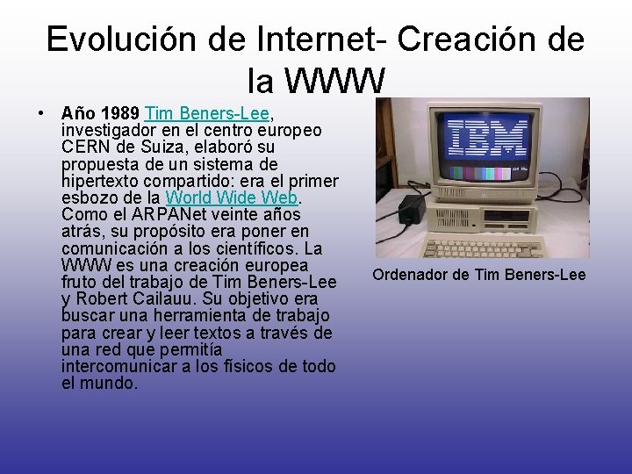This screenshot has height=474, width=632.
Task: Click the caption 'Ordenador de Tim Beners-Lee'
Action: tap(478, 276)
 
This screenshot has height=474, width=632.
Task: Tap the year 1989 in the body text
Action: tap(120, 114)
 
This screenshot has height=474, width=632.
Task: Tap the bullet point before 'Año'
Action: tap(41, 114)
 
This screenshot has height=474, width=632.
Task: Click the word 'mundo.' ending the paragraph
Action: tap(112, 383)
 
